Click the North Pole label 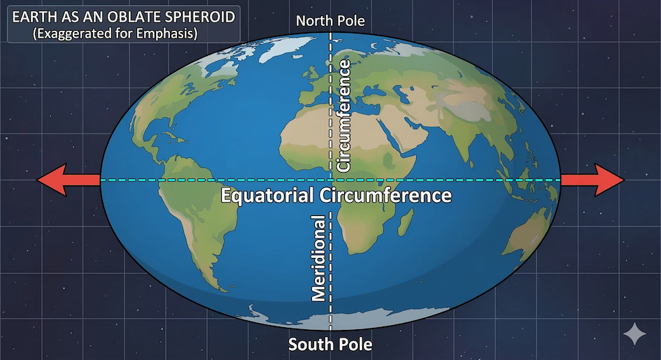(330, 21)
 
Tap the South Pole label (330, 345)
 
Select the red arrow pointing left (69, 180)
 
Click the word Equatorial (269, 195)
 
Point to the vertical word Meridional (319, 257)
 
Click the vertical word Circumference (343, 116)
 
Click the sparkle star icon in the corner (635, 333)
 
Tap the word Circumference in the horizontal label (385, 195)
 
